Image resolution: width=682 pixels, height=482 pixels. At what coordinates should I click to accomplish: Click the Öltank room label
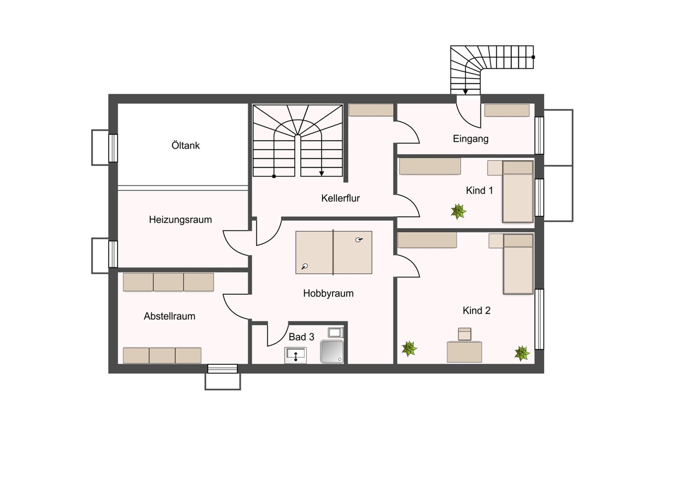(185, 145)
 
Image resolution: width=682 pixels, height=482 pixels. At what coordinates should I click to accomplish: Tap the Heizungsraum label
(180, 220)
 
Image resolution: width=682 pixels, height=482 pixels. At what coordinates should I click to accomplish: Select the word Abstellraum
(169, 316)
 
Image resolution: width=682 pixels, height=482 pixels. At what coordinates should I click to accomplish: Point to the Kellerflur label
(340, 199)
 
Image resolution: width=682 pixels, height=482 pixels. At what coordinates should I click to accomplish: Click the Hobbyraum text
(328, 293)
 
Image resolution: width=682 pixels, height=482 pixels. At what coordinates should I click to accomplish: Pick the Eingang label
(470, 139)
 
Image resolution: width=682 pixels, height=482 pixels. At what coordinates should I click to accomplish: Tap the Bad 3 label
(301, 337)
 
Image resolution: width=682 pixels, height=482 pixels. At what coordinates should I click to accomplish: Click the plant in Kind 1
(459, 211)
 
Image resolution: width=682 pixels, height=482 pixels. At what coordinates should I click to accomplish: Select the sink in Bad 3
(295, 355)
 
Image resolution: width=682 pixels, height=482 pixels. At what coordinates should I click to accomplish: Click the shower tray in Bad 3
(332, 352)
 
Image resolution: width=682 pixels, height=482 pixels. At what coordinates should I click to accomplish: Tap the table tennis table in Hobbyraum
(334, 253)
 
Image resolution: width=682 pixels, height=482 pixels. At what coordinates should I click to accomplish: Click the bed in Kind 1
(518, 192)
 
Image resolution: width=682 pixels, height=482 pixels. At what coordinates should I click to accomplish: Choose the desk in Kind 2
(464, 352)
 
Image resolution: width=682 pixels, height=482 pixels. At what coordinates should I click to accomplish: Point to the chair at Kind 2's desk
(465, 334)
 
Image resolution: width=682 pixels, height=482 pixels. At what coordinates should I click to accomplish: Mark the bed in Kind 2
(518, 264)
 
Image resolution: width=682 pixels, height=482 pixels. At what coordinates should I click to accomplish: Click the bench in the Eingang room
(507, 110)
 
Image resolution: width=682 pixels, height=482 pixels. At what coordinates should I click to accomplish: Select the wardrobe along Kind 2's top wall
(427, 240)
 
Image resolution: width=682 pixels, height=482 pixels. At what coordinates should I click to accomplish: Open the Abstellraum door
(236, 307)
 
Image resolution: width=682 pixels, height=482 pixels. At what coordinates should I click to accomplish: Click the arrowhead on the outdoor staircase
(465, 92)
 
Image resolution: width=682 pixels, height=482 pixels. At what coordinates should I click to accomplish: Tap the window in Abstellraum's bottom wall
(222, 369)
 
